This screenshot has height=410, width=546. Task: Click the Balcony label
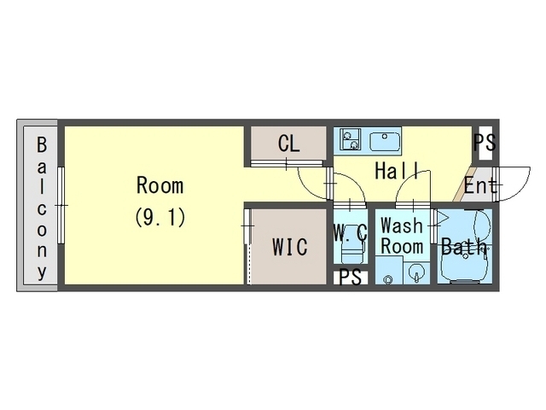(x=42, y=208)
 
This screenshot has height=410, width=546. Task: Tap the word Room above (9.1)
(x=160, y=185)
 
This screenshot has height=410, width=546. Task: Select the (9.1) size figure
(x=160, y=218)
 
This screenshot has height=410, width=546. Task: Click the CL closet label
(x=288, y=143)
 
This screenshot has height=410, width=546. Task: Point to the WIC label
(x=290, y=247)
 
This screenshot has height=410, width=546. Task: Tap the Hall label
(x=398, y=171)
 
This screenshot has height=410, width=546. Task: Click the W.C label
(x=351, y=232)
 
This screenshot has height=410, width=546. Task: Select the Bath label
(x=464, y=246)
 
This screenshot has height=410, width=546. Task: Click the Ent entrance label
(x=480, y=186)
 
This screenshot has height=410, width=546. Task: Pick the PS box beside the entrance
(x=485, y=143)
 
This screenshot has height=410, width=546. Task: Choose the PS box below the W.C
(x=351, y=278)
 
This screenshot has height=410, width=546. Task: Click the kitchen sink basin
(x=385, y=141)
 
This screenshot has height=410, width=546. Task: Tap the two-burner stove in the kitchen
(x=351, y=139)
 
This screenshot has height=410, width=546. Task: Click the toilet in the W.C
(x=352, y=252)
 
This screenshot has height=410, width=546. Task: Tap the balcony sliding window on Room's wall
(x=61, y=205)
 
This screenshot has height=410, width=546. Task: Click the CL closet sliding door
(x=287, y=163)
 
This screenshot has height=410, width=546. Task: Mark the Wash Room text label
(x=402, y=236)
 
